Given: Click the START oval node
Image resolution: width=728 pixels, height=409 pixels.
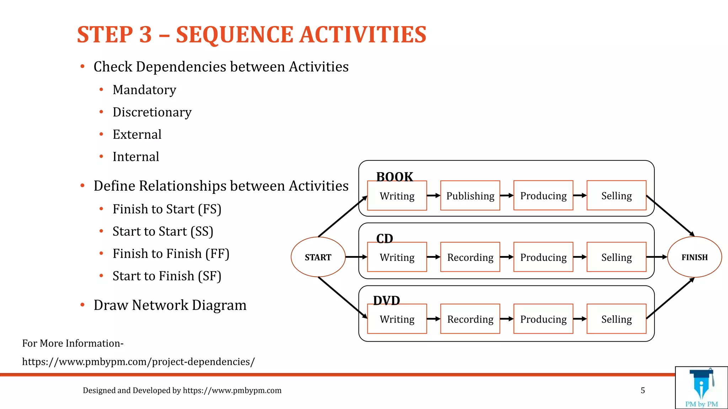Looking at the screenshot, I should coord(318,257).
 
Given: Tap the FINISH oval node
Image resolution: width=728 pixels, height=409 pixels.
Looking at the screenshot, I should coord(694,257).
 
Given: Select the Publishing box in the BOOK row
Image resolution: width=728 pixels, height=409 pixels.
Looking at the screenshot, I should coord(470,196).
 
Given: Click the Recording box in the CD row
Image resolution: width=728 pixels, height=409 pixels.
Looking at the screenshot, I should coord(470,257).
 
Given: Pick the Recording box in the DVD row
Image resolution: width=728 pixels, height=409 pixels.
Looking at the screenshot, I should coord(470,319).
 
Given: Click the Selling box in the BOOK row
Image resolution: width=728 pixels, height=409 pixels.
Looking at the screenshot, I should coord(616,196).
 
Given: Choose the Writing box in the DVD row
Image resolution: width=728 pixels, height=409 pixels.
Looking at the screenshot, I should coord(397,319).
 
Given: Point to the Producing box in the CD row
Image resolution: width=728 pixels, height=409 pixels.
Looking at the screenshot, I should coord(543,257).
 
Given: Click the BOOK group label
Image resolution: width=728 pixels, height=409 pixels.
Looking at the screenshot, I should coord(394,176).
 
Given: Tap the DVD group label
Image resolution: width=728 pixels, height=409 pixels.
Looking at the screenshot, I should coord(386,300).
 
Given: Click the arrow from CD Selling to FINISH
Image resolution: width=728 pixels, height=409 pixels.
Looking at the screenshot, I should coord(657,257).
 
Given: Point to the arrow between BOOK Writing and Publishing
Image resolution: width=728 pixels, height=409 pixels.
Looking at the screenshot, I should coord(433,195).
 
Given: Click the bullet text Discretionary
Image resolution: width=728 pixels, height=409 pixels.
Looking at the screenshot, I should coord(152,112).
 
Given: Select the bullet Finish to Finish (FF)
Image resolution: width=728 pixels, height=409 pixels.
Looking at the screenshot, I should coord(171,254).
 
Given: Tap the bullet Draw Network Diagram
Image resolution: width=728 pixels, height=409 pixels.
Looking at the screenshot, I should coord(170,305).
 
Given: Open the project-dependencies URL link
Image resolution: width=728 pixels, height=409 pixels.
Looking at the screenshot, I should coord(138,362).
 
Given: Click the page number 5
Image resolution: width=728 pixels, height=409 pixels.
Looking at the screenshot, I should coord(643,391).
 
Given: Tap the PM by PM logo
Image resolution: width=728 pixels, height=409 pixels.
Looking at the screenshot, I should coord(701,388).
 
